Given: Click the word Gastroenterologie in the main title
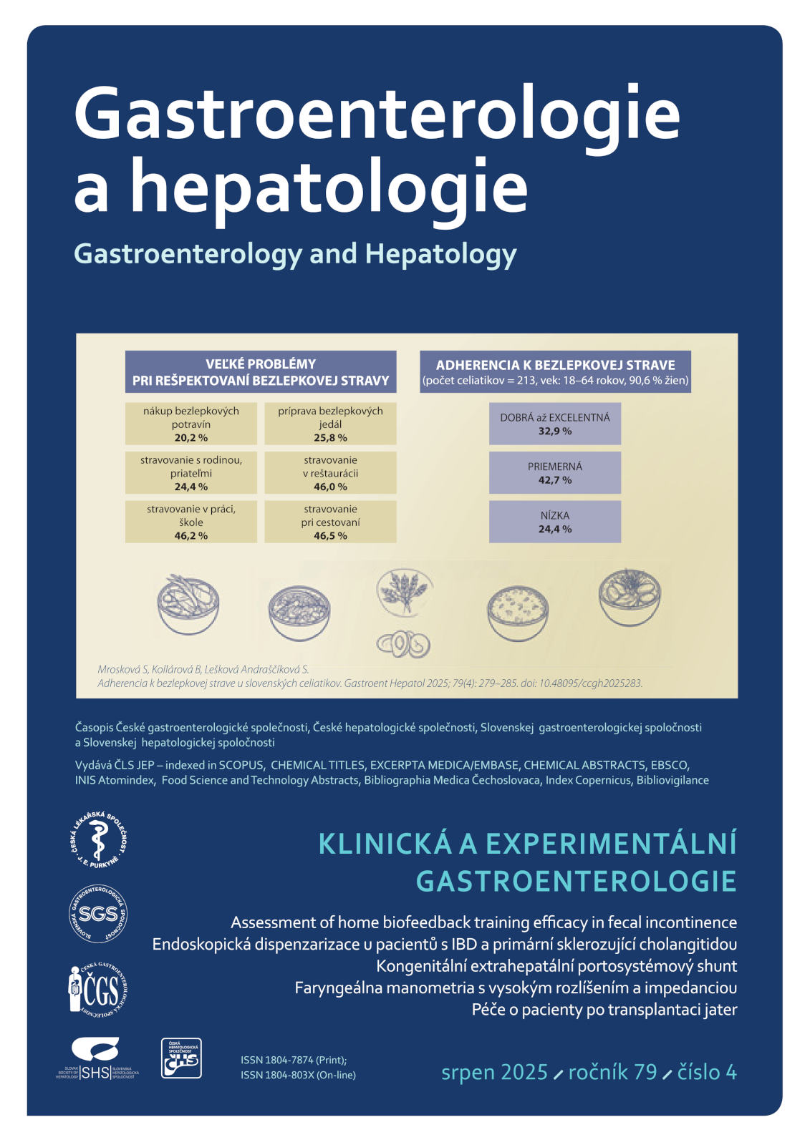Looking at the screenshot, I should [377, 114].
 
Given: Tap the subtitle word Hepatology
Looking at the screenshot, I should [440, 255].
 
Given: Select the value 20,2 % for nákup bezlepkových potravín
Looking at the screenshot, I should [191, 438].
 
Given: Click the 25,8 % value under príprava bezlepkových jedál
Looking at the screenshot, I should [330, 438].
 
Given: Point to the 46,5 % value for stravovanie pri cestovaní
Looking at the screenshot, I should [330, 535].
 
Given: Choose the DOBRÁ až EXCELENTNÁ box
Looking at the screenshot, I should [554, 424].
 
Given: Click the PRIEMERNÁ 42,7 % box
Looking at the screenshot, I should [554, 473].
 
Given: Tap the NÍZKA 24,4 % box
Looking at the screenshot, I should [554, 522].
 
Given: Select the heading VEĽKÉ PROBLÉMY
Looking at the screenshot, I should [261, 364].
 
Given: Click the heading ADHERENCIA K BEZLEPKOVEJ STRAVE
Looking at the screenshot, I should [555, 365].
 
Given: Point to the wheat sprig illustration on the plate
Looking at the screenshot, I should [405, 591].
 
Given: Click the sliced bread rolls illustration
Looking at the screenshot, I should [403, 644].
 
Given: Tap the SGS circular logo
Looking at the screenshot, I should [98, 913].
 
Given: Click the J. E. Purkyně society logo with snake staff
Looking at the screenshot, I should [98, 840].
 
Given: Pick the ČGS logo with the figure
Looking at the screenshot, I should [98, 990].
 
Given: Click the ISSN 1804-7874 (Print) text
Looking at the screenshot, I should [294, 1060].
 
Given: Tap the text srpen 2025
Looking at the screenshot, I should [494, 1072].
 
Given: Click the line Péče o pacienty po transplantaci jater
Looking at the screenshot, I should [604, 1010].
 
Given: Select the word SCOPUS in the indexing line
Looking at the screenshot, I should [241, 765].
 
